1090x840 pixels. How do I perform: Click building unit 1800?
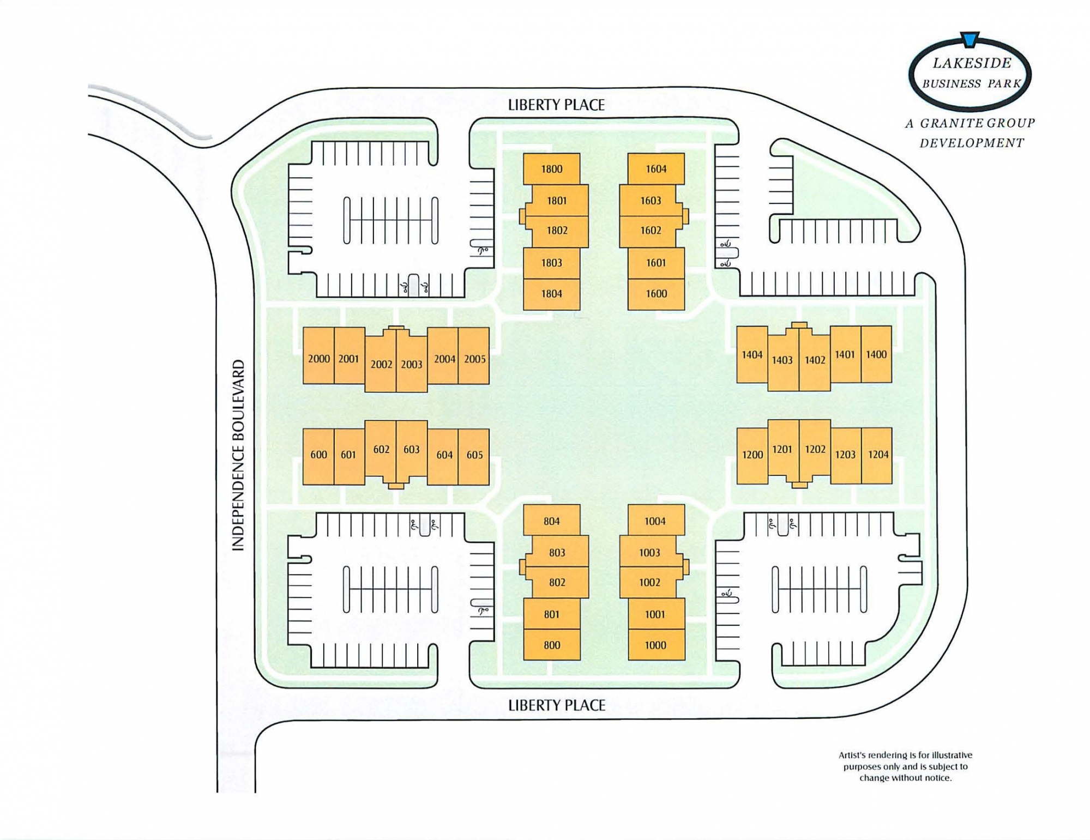click(x=551, y=169)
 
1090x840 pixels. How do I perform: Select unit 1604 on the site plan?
click(x=656, y=169)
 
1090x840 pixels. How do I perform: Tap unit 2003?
click(x=412, y=364)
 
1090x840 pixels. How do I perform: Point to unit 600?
click(x=318, y=455)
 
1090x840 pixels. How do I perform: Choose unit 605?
click(x=474, y=455)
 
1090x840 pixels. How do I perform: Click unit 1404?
click(x=752, y=355)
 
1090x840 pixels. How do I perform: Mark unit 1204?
click(x=878, y=455)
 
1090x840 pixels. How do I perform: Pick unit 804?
click(x=551, y=521)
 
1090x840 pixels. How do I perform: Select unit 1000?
click(x=655, y=645)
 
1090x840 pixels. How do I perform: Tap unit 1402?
click(x=815, y=360)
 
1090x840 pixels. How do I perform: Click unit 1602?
click(x=651, y=231)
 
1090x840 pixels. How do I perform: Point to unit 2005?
click(x=474, y=359)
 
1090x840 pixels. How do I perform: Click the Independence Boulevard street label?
click(x=238, y=455)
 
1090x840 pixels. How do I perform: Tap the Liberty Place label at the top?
click(x=556, y=105)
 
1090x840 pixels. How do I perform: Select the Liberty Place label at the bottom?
click(x=556, y=705)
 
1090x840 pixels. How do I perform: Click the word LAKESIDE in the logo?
click(x=972, y=63)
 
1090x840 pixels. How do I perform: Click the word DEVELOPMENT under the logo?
click(x=972, y=143)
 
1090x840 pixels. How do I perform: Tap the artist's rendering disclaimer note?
click(x=905, y=766)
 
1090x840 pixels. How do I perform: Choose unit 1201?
click(x=782, y=449)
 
